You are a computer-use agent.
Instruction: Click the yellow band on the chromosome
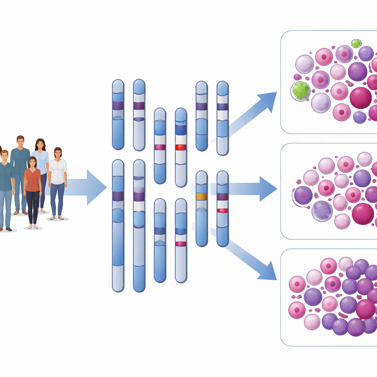201,196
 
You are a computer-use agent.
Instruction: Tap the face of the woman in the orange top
33,162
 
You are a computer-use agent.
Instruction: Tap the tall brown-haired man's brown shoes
20,212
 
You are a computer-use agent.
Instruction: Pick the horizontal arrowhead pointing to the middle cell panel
267,189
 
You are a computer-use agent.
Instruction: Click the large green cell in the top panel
301,91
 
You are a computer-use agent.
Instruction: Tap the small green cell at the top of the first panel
356,44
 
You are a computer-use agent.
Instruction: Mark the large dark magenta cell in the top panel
360,98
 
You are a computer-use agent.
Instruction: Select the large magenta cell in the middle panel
363,214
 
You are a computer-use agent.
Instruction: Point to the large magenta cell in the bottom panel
366,309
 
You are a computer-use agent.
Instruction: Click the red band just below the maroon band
222,210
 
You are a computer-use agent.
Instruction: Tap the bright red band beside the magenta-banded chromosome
181,147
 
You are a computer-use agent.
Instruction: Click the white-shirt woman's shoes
57,218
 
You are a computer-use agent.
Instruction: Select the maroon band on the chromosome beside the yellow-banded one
222,196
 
